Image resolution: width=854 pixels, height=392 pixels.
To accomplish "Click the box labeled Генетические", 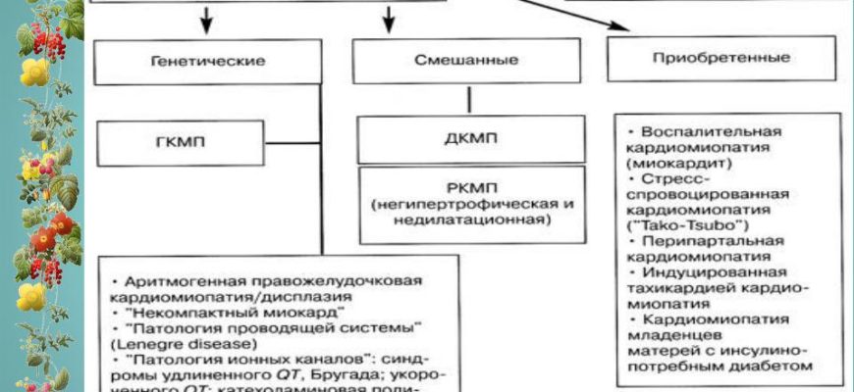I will point(208,61).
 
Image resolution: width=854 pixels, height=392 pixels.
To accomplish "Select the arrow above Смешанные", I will point(389,17).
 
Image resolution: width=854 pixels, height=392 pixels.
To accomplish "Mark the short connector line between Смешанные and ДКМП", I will point(469,98).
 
